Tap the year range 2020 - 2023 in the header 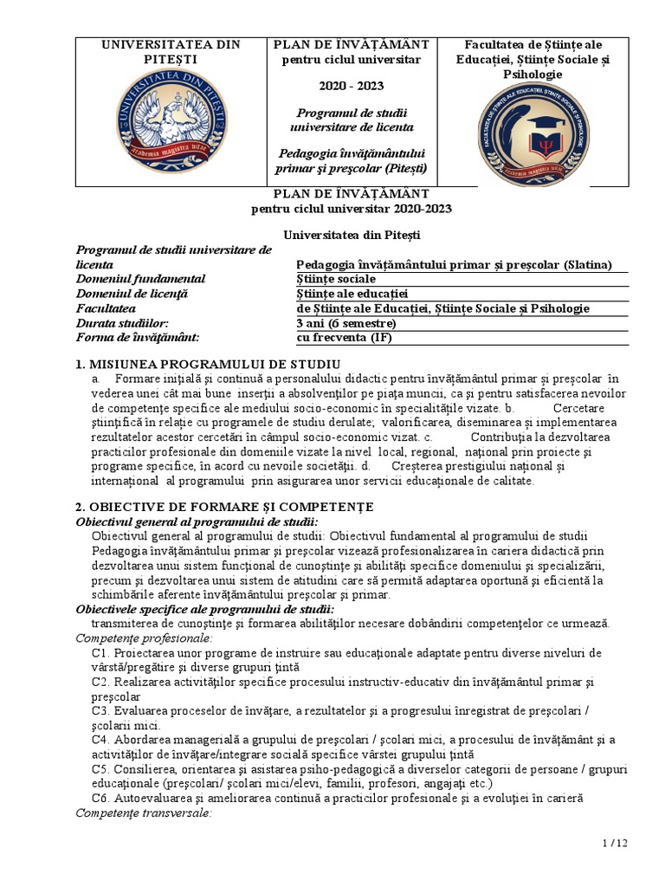point(351,87)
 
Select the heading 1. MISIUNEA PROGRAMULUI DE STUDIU point(208,363)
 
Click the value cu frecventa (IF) point(343,338)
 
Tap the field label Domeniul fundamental point(140,279)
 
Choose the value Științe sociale point(336,279)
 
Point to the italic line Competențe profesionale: point(144,638)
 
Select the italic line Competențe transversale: point(143,813)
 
